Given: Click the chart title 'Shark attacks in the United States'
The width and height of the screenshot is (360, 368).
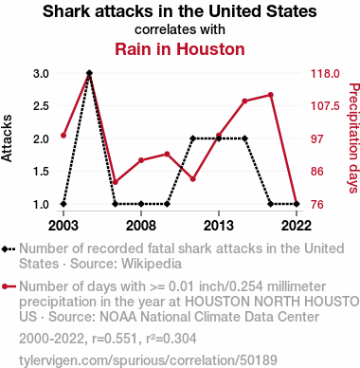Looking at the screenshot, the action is (180, 11).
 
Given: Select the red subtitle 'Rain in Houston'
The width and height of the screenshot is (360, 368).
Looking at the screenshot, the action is (180, 49).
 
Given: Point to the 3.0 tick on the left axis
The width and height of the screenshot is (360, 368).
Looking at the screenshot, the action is (41, 74).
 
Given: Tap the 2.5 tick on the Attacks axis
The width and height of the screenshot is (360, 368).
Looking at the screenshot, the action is (41, 106).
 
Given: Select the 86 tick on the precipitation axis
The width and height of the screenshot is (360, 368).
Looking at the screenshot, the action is (317, 172).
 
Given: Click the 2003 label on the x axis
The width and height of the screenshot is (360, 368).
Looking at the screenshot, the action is (63, 226).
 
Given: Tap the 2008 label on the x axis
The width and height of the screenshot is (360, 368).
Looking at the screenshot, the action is (141, 226).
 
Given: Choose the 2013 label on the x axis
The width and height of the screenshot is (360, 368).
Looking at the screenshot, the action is (219, 226).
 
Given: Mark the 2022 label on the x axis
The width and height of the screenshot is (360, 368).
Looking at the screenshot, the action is (297, 226).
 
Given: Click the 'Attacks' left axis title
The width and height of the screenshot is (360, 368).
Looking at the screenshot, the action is (7, 138).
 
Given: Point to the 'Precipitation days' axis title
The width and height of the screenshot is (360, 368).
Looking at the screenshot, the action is (354, 138).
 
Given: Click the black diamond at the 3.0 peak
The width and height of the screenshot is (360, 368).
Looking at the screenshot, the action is (89, 73).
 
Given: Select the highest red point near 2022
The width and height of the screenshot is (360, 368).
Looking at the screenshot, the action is (271, 95).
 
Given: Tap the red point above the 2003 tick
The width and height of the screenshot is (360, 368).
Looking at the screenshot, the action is (63, 136).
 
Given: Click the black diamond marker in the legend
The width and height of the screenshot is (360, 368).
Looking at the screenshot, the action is (5, 249).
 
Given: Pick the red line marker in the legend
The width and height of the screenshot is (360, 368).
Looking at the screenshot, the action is (9, 286).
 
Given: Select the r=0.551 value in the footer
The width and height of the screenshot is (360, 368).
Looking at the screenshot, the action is (115, 339).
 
